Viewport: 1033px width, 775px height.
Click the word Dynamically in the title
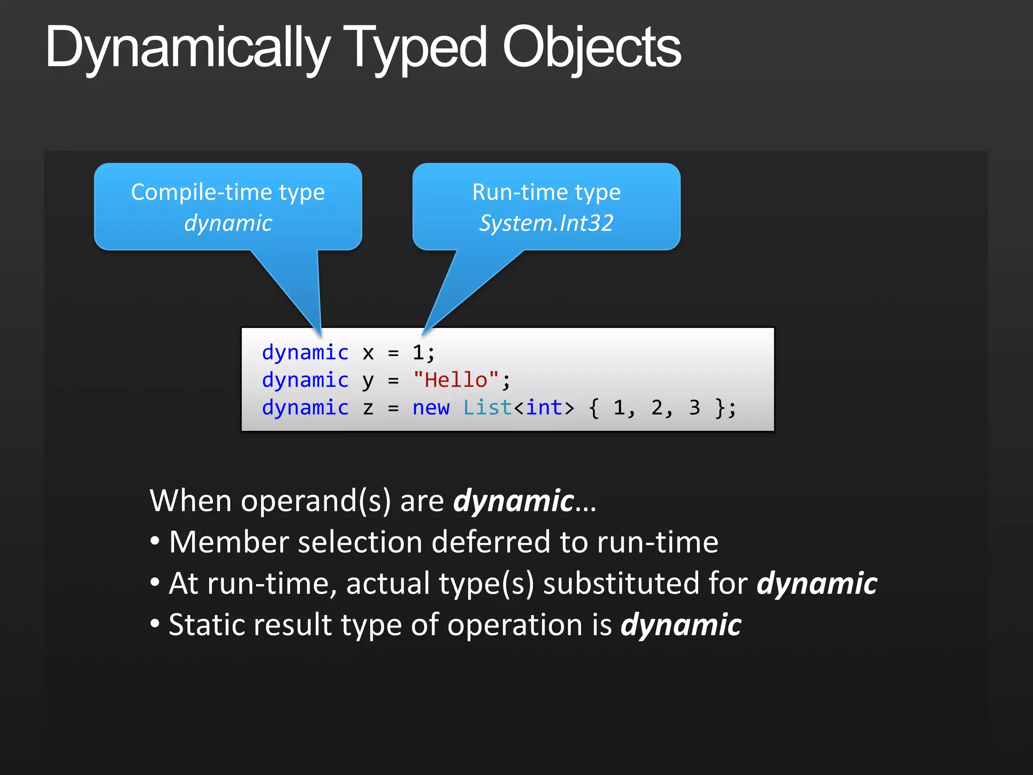click(187, 48)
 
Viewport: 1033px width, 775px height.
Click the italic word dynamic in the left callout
click(228, 223)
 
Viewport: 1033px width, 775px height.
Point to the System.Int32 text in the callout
click(546, 223)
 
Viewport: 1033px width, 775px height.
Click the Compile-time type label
click(228, 192)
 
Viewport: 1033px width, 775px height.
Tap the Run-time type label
click(546, 192)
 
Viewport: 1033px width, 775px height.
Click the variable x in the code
click(368, 353)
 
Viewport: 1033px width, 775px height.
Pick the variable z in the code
click(368, 408)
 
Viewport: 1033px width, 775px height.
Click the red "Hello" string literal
click(456, 379)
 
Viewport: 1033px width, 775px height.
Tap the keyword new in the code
click(431, 408)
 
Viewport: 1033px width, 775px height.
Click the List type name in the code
click(487, 408)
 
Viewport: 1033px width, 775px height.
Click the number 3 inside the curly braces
click(695, 408)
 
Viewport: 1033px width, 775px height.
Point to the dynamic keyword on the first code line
click(305, 352)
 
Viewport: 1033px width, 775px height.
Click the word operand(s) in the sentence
click(316, 501)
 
